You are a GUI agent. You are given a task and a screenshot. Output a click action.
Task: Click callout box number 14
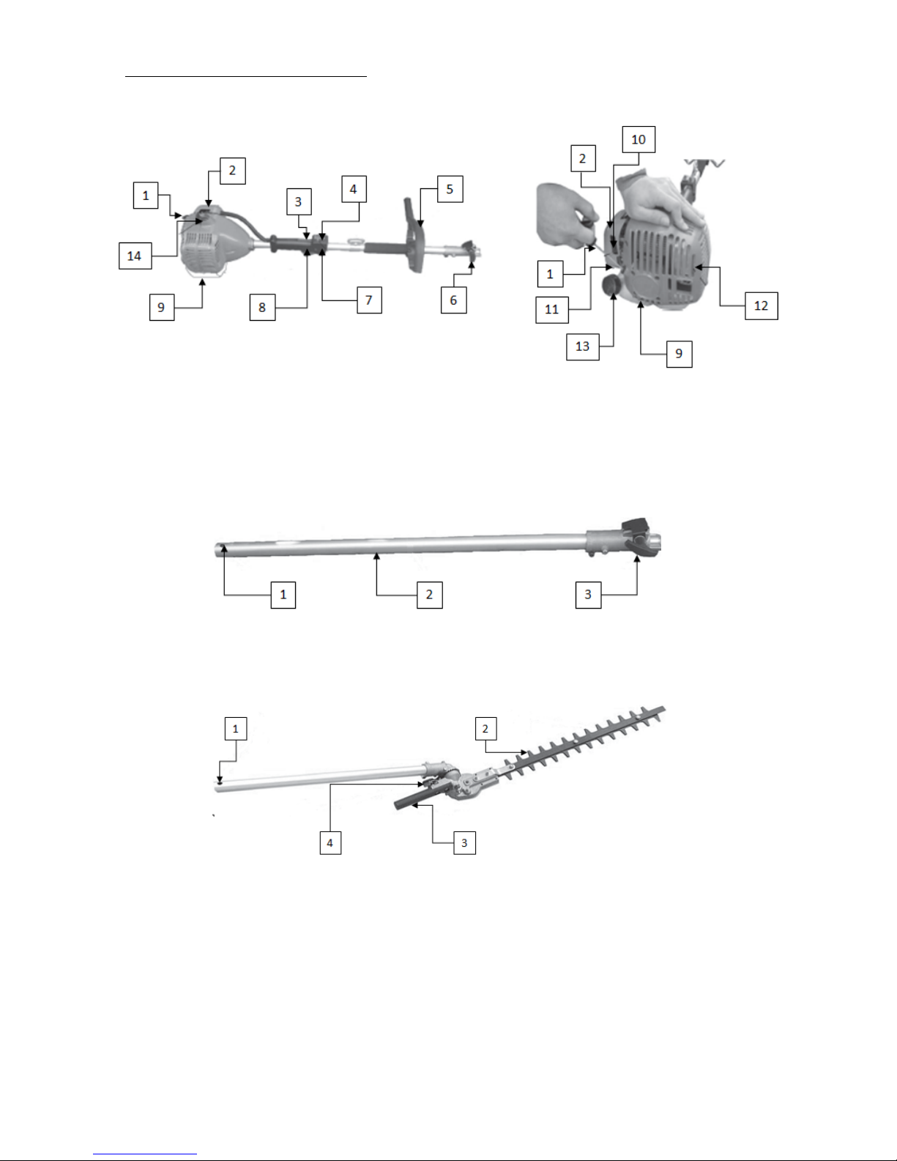pos(135,256)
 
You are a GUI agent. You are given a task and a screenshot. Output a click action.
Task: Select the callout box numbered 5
pos(450,189)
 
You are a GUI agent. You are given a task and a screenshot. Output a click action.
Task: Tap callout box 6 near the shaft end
pos(453,300)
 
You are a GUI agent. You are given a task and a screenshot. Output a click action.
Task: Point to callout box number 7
pos(369,300)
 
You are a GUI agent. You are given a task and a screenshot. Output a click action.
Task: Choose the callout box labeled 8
pos(262,307)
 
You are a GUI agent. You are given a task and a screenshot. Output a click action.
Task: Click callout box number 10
pos(639,139)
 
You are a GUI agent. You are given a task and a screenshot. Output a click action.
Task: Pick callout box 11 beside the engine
pos(552,309)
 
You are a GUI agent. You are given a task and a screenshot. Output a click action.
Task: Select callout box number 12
pos(762,305)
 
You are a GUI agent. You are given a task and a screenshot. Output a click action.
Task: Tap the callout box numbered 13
pos(583,346)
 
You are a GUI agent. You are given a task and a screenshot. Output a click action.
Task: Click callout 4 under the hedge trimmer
pos(330,842)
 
